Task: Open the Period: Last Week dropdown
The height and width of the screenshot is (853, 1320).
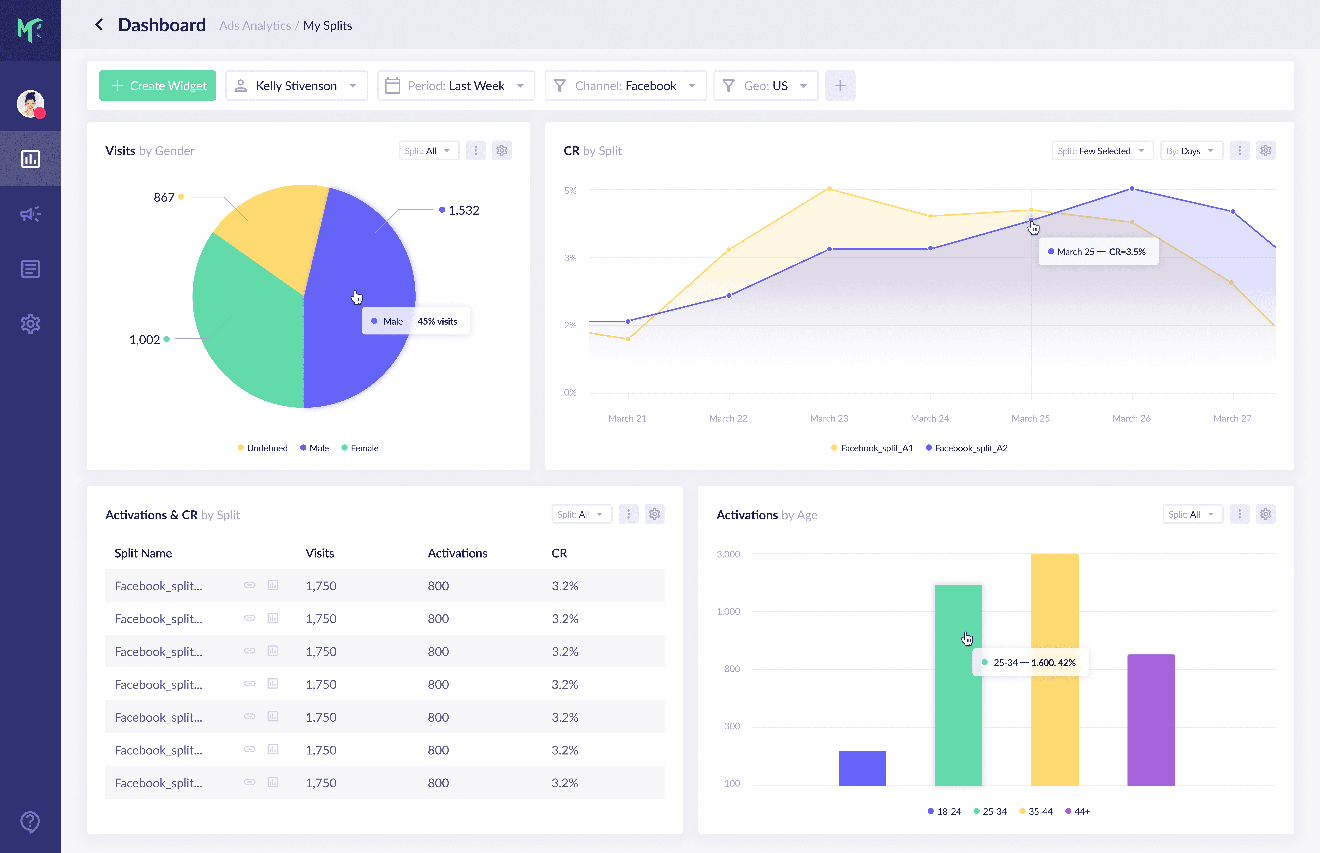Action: click(x=456, y=86)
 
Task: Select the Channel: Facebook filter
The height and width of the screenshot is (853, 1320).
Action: click(x=625, y=86)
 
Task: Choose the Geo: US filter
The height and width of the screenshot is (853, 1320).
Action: click(x=766, y=86)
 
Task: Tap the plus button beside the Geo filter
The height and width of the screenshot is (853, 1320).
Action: click(x=840, y=86)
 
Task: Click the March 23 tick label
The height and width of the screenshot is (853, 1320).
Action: click(x=829, y=418)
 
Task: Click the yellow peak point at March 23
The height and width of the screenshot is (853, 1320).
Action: click(x=829, y=189)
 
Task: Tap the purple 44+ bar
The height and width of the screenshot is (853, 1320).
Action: click(x=1151, y=720)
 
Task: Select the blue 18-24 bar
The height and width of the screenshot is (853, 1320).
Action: click(x=862, y=768)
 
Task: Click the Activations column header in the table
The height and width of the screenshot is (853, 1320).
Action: click(x=457, y=553)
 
